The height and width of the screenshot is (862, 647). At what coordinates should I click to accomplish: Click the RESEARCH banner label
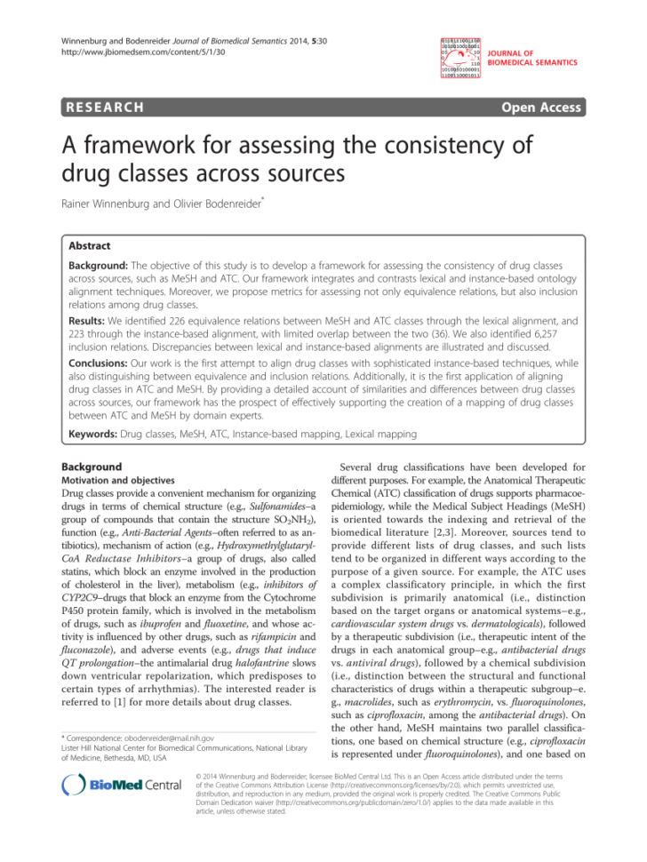[x=104, y=108]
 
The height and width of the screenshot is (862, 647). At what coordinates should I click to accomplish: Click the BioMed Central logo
[x=121, y=786]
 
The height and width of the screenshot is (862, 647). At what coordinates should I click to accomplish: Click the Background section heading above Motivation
[x=91, y=467]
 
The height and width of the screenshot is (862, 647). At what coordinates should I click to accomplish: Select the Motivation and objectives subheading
[x=118, y=479]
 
